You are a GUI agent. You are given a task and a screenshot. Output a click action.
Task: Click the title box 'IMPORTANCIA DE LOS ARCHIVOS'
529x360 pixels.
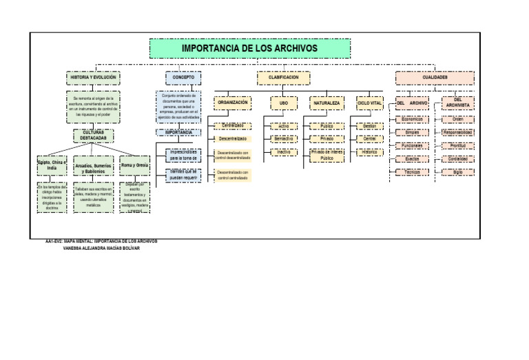coord(249,48)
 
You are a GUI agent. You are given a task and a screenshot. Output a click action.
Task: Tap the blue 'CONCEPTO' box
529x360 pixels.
coord(183,78)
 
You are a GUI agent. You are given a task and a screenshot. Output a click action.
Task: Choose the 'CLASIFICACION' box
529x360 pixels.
coord(283,78)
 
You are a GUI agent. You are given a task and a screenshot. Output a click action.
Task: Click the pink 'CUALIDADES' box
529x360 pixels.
coord(435,78)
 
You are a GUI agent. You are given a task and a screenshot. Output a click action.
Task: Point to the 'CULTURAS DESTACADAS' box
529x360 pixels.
coord(94,136)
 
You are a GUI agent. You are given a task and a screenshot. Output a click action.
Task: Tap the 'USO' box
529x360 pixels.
coord(283,103)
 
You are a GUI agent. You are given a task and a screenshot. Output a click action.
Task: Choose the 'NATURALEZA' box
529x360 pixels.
coord(326,103)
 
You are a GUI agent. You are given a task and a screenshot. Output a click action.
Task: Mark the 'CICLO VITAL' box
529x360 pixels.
coord(370,103)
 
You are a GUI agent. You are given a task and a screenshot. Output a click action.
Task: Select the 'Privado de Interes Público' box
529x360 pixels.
coord(326,155)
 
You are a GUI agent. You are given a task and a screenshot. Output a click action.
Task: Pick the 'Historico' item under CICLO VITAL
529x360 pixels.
coord(370,151)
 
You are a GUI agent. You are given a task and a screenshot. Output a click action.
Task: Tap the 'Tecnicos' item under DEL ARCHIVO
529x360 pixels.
coord(413,171)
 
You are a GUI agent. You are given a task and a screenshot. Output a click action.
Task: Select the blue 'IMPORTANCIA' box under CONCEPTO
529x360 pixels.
coord(178,132)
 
